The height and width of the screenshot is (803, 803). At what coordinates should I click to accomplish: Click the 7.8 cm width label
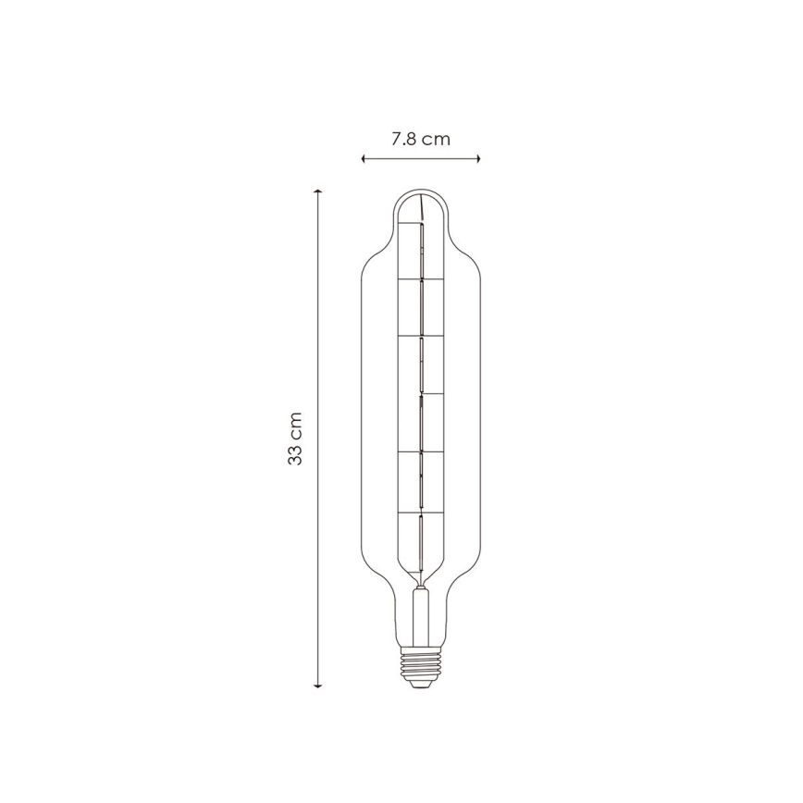coord(420,140)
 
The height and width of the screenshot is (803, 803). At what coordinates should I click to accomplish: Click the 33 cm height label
coord(295,439)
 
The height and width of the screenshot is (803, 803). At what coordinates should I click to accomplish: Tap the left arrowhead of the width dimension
coord(364,159)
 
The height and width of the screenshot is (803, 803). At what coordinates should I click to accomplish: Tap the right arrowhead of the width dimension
coord(477,159)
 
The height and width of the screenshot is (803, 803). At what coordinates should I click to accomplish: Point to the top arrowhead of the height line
coord(318,193)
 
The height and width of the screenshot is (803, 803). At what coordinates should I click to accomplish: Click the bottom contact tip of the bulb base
coord(420,686)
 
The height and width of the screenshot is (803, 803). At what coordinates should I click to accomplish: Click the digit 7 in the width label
coord(395,140)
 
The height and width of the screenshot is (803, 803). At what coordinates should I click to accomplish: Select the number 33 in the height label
coord(295,453)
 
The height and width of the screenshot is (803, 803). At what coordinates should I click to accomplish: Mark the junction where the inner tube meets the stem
coord(420,587)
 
